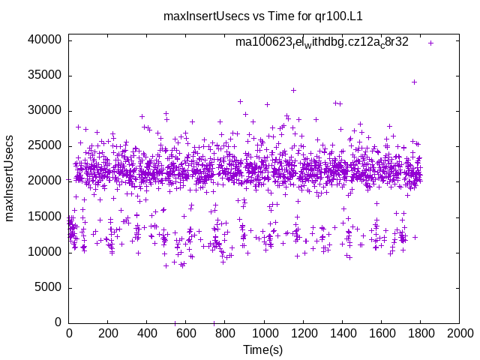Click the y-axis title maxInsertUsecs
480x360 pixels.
(10, 178)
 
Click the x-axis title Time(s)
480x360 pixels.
(262, 349)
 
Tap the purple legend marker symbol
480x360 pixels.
(430, 43)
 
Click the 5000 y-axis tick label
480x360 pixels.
(49, 287)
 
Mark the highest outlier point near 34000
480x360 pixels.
(414, 82)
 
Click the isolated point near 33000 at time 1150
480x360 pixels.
(293, 90)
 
